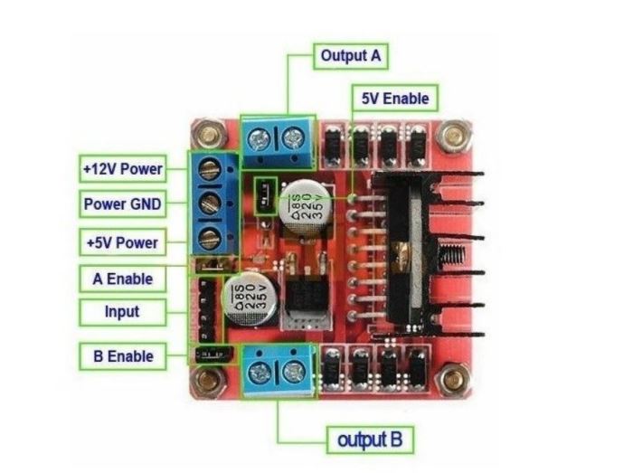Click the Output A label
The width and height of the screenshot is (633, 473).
point(351,56)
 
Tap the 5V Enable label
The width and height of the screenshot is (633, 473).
point(395,98)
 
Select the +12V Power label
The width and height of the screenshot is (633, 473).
point(122,168)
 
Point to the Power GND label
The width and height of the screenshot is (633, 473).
point(122,203)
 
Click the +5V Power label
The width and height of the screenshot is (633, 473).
point(122,242)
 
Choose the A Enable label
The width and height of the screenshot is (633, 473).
point(122,279)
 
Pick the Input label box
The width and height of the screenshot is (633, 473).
point(122,312)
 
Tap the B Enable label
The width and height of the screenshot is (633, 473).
point(123,356)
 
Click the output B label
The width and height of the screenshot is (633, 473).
point(370,440)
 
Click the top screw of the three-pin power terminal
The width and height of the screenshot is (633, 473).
point(211,169)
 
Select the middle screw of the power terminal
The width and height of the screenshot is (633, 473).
point(211,203)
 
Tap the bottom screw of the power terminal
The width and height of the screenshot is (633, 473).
point(211,238)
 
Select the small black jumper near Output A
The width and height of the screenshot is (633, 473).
point(266,196)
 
